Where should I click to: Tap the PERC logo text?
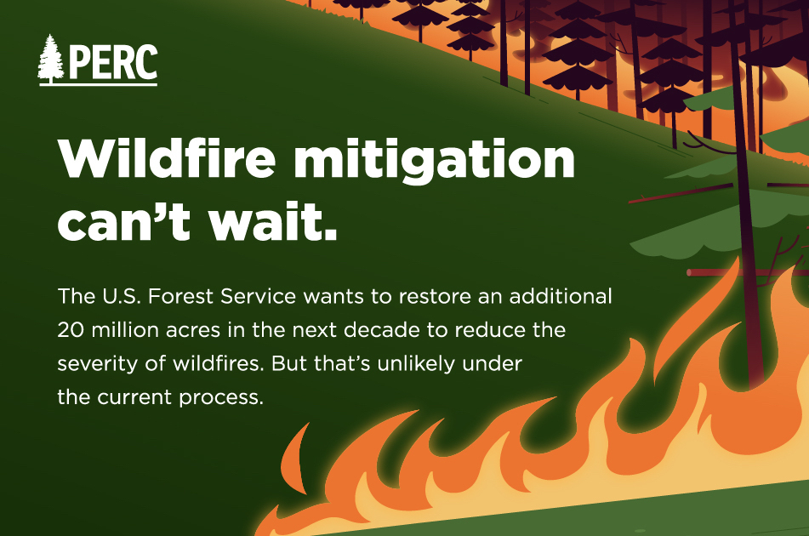point(113,62)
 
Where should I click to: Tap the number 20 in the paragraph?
point(70,330)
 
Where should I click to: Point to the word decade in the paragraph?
point(382,329)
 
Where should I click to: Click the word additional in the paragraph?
point(561,296)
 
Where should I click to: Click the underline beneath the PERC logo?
point(98,83)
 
